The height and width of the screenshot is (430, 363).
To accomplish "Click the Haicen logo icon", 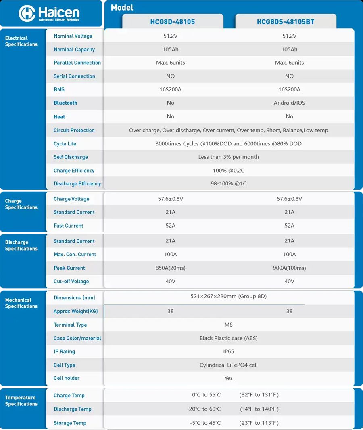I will point(27,13).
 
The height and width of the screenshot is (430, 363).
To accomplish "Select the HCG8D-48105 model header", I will point(172,22).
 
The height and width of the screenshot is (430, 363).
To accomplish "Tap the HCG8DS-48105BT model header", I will point(286,22).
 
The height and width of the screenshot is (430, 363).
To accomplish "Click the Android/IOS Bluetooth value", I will point(289,103).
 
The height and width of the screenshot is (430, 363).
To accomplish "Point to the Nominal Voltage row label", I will point(73,36).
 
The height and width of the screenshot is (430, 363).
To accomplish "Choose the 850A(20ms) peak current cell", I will point(171,268).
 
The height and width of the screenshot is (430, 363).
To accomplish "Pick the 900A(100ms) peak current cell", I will point(289,268).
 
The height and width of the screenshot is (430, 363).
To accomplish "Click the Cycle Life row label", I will point(65,144).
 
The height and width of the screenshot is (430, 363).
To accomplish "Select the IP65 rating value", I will point(228,352).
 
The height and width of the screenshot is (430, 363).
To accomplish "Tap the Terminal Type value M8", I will point(228,325).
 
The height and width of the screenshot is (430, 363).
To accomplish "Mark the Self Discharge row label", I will point(71,157).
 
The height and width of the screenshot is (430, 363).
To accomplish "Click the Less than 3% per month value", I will point(228,157).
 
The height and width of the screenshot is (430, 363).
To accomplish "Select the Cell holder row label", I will point(67,378).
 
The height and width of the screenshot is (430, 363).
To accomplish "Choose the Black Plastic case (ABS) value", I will point(228,338).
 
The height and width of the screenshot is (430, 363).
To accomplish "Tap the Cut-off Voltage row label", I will point(71,282).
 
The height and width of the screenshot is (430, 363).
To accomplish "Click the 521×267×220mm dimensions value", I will point(228,297).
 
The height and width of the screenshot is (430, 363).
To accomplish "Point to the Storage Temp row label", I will point(70,423).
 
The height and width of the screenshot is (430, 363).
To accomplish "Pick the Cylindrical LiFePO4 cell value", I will point(228,365).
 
